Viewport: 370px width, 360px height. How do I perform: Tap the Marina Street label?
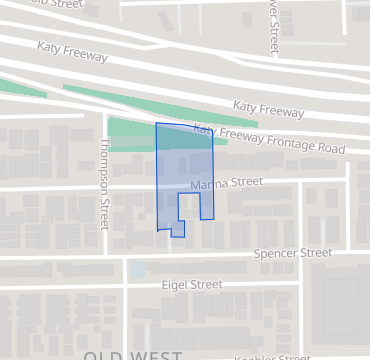(225, 183)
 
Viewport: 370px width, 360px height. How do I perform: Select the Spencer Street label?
(292, 254)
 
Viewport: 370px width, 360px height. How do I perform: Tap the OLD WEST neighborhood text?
(133, 355)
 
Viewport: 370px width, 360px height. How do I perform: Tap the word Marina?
(209, 185)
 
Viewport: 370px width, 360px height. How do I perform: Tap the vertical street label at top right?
(273, 27)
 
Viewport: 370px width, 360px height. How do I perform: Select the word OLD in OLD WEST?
(102, 355)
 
